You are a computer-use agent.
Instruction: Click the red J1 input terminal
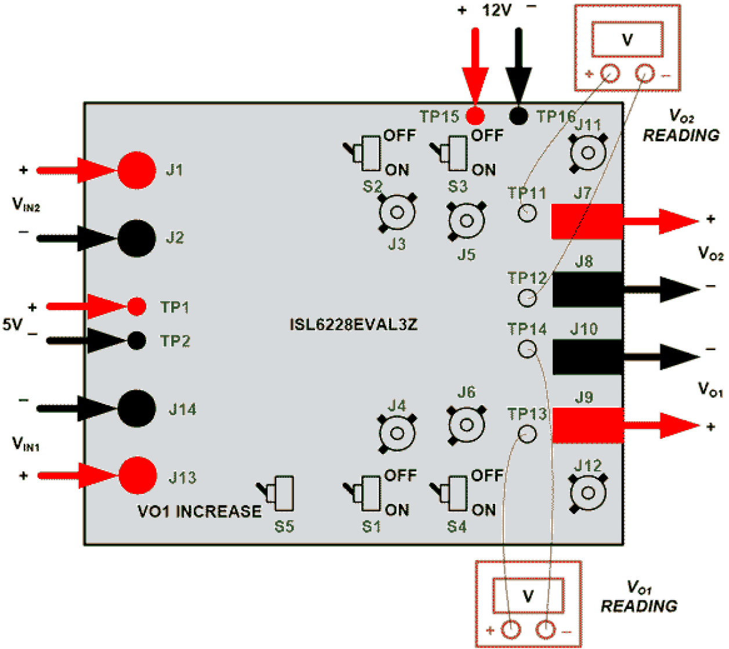(137, 170)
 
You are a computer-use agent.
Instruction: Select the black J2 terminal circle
(137, 238)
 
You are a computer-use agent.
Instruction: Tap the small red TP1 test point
(136, 306)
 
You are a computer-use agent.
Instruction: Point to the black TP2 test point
(136, 340)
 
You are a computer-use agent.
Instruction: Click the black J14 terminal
(137, 409)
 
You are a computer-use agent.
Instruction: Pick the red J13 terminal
(138, 475)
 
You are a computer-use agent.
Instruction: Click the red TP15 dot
(475, 116)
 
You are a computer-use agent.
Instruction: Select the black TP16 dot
(518, 116)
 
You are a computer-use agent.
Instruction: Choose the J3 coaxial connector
(397, 212)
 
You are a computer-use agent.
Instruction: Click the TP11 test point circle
(527, 213)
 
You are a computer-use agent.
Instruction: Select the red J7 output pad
(586, 221)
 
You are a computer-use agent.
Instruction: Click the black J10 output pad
(586, 357)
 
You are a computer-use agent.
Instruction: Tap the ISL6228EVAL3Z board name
(353, 324)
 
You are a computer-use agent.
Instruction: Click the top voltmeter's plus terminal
(609, 74)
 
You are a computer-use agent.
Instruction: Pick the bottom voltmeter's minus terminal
(546, 629)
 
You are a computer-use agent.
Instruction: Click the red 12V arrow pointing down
(475, 64)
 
